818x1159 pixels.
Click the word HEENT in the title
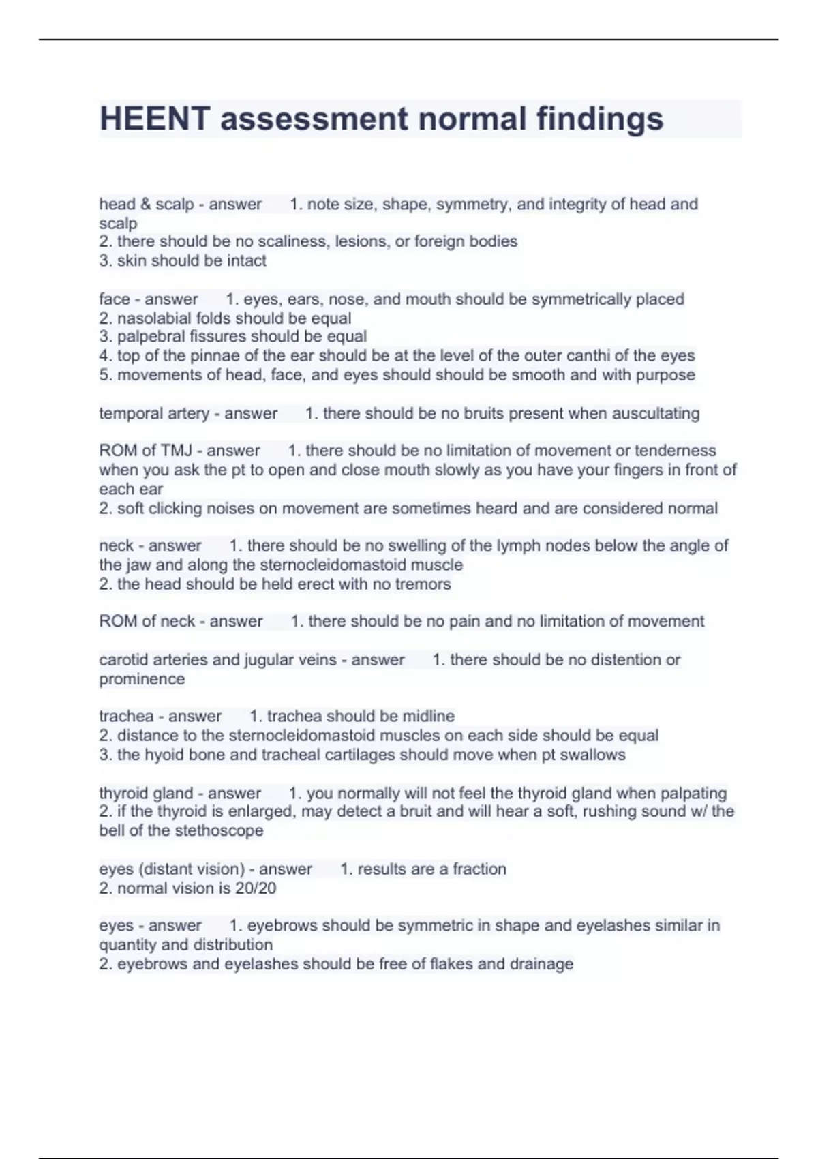pyautogui.click(x=155, y=119)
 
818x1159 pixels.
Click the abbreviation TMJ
pyautogui.click(x=176, y=451)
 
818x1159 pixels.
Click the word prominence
pyautogui.click(x=142, y=679)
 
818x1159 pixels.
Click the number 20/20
pyautogui.click(x=255, y=888)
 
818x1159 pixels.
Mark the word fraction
pyautogui.click(x=479, y=869)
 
